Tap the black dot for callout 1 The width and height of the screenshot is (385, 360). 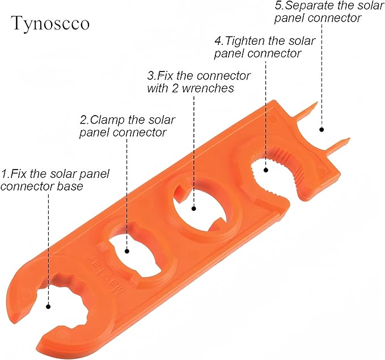pos(48,307)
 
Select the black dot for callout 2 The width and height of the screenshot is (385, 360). pos(127,251)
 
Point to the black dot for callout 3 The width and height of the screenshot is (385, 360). pos(194,209)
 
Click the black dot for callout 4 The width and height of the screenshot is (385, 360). pos(266,170)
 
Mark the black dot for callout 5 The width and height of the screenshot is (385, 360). pos(321,129)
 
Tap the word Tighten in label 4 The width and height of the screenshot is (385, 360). pos(245,41)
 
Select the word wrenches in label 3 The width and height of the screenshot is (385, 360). pos(208,88)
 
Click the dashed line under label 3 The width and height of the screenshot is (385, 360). pos(194,151)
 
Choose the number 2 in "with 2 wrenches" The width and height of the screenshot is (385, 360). pos(175,88)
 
